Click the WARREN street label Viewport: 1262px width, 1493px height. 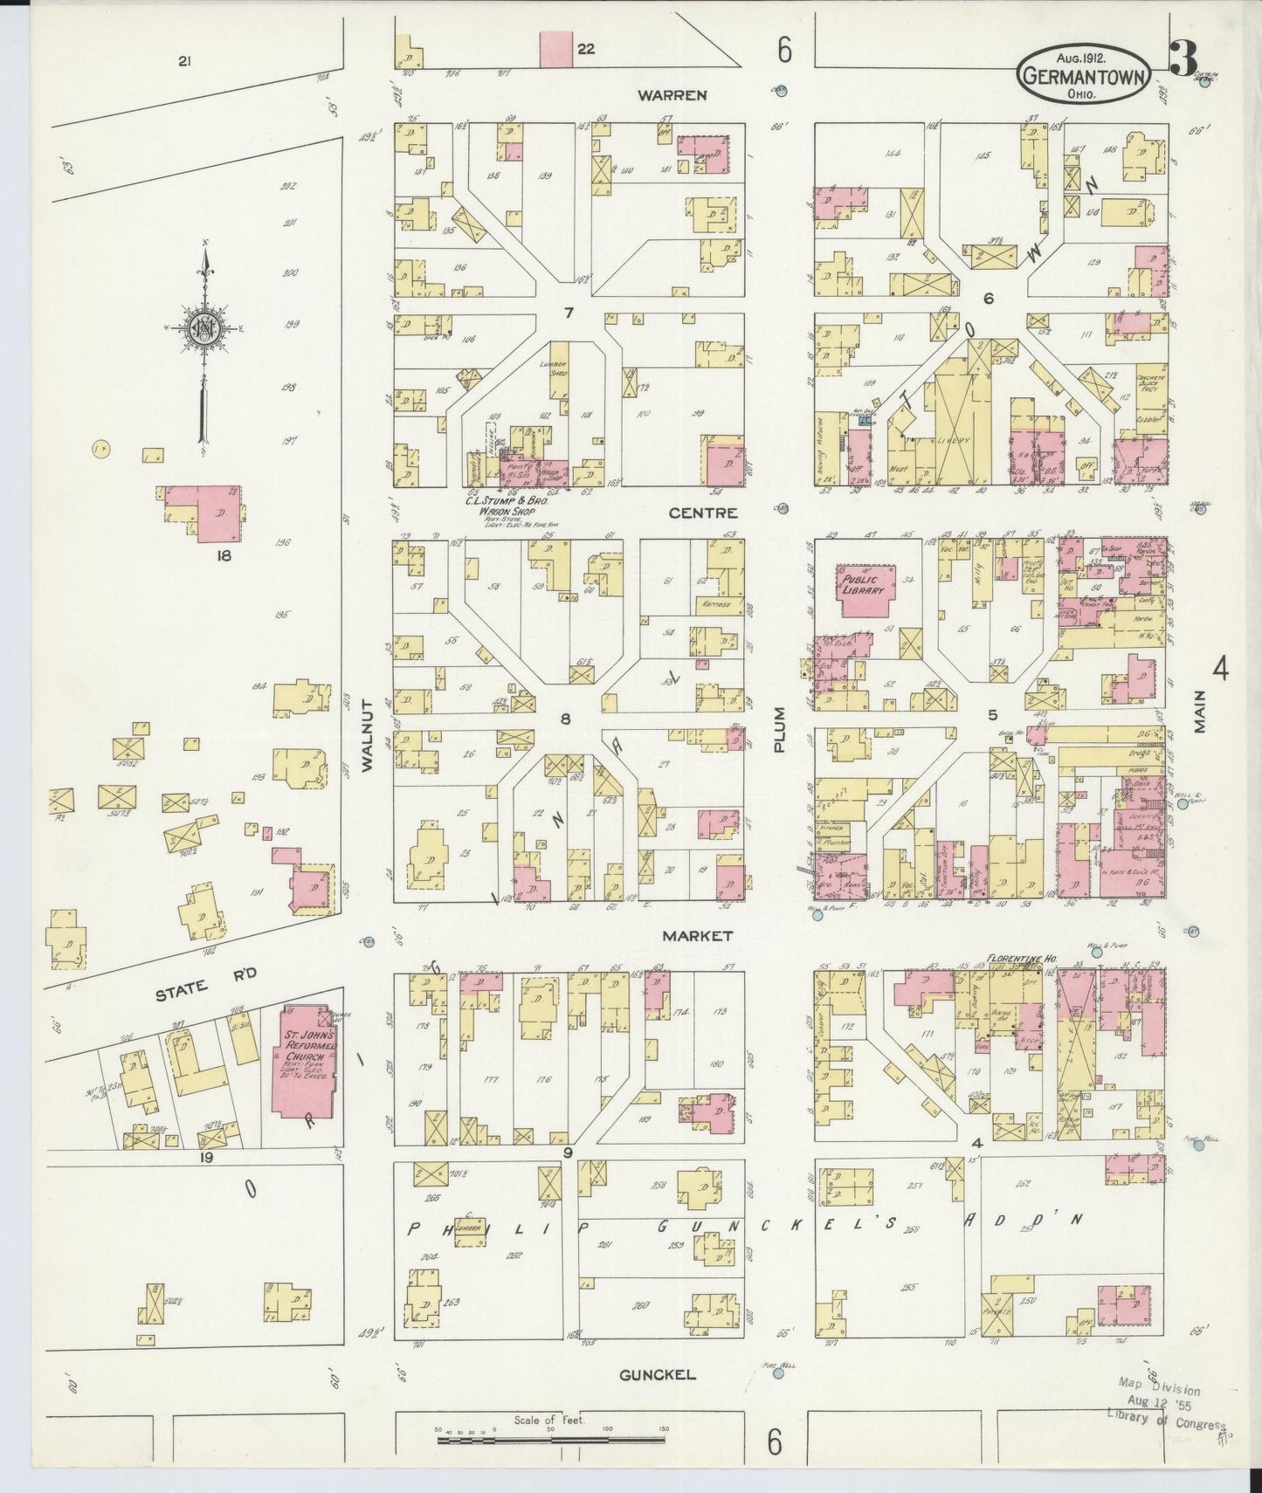[671, 94]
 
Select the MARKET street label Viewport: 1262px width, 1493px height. [696, 935]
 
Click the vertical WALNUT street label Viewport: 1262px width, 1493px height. [367, 734]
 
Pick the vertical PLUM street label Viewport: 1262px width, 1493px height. [780, 729]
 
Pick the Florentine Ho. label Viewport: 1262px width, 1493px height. [1021, 958]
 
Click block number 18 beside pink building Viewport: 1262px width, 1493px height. [224, 554]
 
